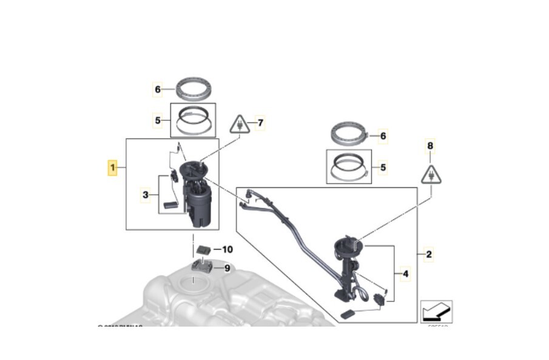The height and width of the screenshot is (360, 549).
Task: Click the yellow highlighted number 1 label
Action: pos(112,167)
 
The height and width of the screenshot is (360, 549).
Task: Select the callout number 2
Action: pos(429,254)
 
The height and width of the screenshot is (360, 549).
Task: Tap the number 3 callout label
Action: pos(146,195)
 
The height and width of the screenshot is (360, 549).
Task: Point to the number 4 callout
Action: pos(405,274)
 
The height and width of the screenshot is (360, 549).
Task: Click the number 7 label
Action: pos(260,123)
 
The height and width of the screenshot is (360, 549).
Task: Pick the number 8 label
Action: pos(431,146)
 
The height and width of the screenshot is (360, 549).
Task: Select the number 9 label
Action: pos(227,268)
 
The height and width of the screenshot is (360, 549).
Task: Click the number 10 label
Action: pos(227,250)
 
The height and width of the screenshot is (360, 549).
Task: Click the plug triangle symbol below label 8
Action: pos(431,174)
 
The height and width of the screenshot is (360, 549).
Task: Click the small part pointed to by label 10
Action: pos(204,249)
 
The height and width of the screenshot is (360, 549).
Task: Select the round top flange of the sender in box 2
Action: pos(348,247)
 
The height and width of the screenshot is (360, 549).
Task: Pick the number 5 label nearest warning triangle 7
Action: pos(158,120)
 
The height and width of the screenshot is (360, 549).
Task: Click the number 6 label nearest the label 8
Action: pos(383,136)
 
